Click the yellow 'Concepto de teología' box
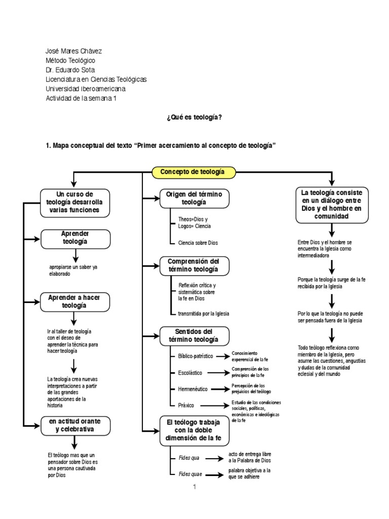click(x=194, y=172)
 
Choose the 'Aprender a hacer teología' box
click(x=74, y=302)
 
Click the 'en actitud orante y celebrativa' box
click(x=75, y=426)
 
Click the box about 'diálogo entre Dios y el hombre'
click(x=331, y=205)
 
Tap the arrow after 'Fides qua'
click(x=216, y=458)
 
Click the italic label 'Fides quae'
click(x=190, y=475)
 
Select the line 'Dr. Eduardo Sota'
click(x=70, y=70)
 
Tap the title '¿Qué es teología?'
click(x=194, y=117)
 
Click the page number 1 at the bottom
click(x=194, y=488)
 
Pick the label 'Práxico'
click(x=186, y=405)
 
